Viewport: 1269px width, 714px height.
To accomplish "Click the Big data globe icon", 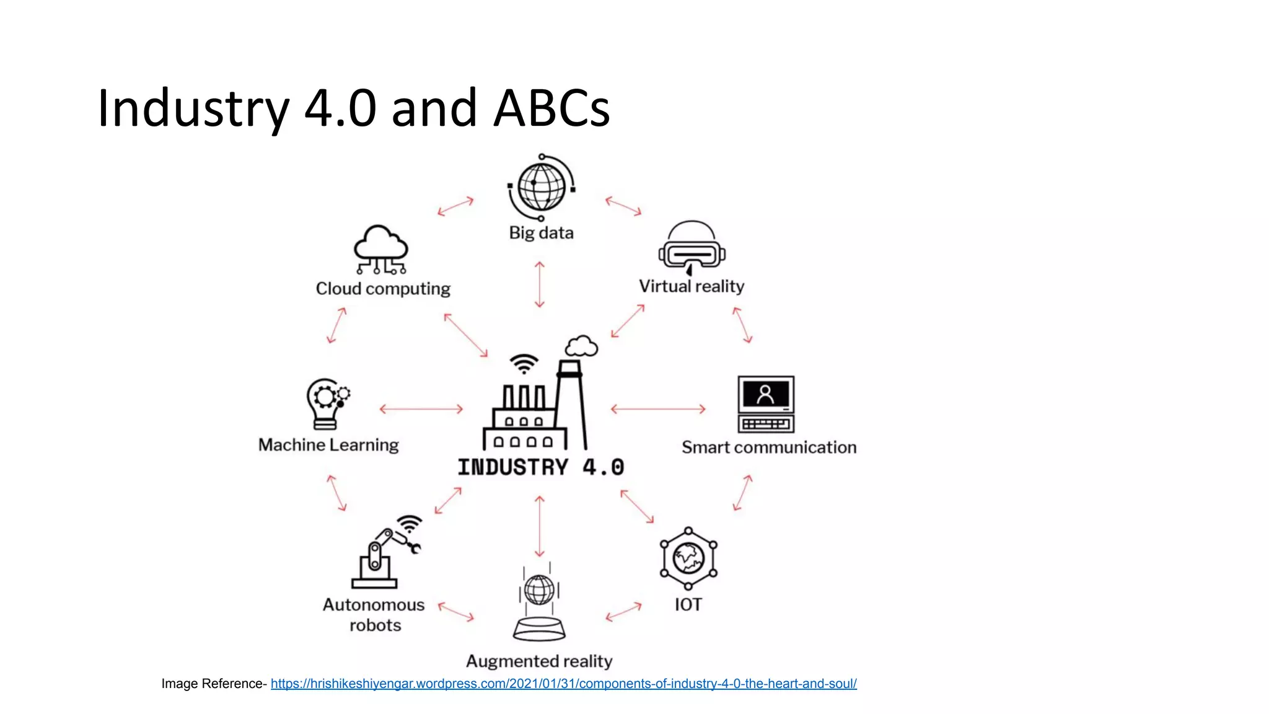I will coord(542,187).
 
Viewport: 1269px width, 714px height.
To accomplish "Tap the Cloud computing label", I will coord(383,289).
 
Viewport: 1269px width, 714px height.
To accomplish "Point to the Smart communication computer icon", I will coord(766,404).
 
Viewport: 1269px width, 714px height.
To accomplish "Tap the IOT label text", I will coord(688,604).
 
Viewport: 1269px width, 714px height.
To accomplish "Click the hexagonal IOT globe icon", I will coord(688,558).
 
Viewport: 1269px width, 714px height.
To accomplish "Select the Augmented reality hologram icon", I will coord(539,604).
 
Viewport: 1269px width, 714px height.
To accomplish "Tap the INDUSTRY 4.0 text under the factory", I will coord(540,467).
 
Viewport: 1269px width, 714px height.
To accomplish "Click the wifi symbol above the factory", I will coord(524,364).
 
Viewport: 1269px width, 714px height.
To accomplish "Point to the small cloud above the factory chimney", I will coord(581,346).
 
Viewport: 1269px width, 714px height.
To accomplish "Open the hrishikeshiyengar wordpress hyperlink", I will coord(563,684).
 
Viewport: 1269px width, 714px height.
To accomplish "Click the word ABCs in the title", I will coord(551,108).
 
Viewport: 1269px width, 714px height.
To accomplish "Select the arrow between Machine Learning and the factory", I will coord(421,409).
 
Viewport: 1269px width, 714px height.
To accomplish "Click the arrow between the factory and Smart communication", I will coord(658,409).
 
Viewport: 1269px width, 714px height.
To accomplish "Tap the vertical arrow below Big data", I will coord(540,284).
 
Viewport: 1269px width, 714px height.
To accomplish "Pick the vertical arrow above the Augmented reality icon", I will coord(540,526).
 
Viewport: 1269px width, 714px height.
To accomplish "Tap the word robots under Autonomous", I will coord(375,625).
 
